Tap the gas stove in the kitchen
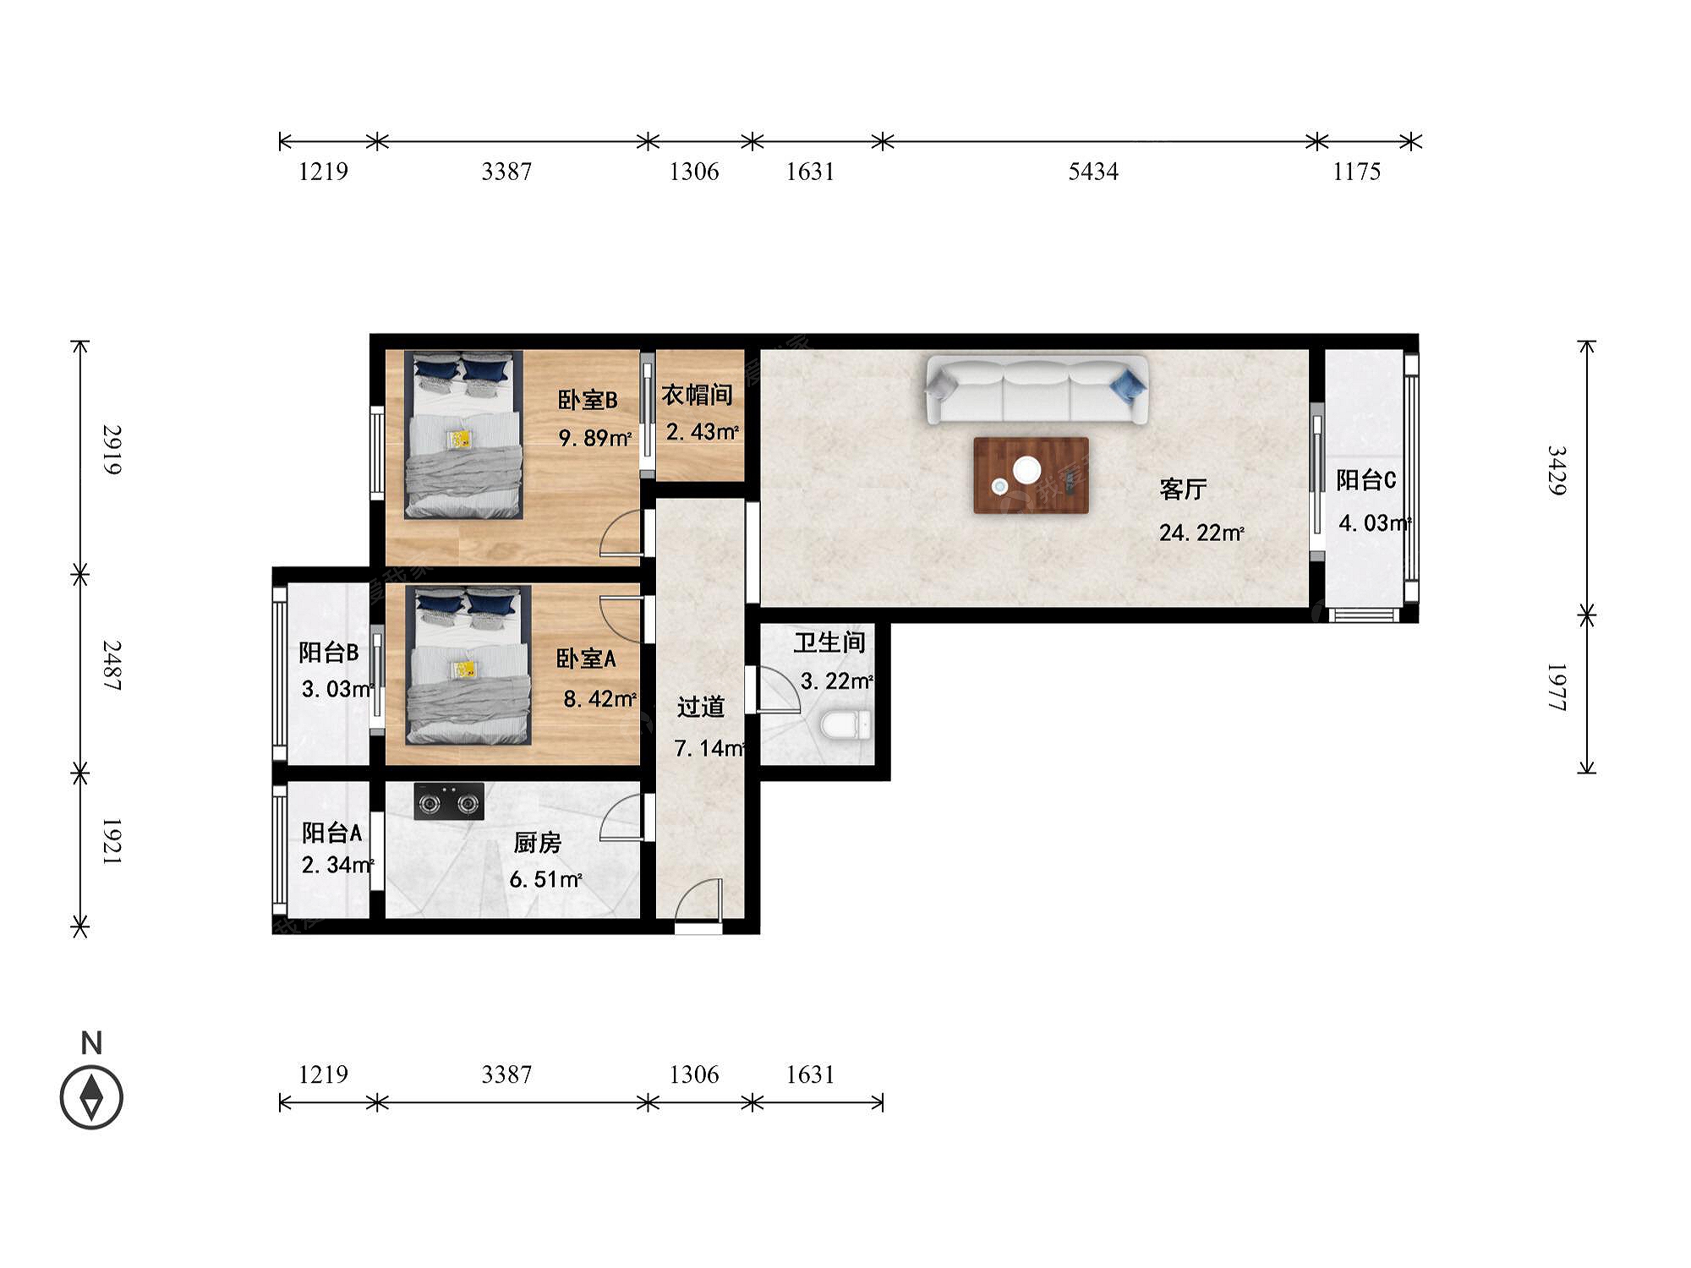(x=449, y=801)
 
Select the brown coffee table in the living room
(x=1031, y=475)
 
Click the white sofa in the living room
(x=1037, y=390)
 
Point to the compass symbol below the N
(x=91, y=1097)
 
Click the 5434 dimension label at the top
(x=1093, y=172)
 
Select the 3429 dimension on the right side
(x=1557, y=470)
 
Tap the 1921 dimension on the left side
(x=112, y=841)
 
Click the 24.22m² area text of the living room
(x=1201, y=533)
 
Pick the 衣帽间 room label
(x=697, y=395)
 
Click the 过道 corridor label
(x=701, y=707)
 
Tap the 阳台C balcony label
(x=1366, y=480)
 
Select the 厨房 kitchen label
(x=537, y=843)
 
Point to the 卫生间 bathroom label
(x=829, y=642)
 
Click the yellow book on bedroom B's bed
(x=461, y=440)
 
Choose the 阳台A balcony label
(x=332, y=833)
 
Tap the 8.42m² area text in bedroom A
(x=599, y=699)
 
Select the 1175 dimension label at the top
(x=1357, y=172)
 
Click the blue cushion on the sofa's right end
(x=1128, y=385)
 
